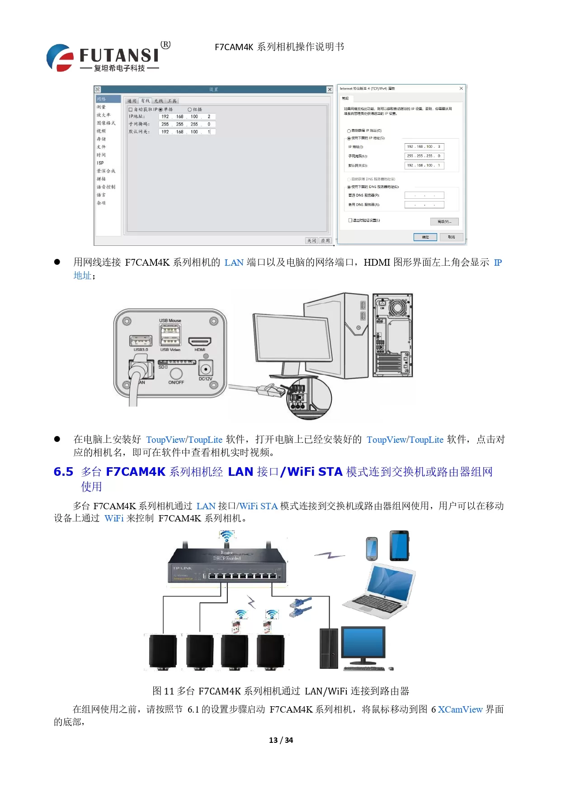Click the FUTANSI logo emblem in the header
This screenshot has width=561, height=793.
[x=60, y=58]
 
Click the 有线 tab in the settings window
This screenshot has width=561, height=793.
[x=145, y=101]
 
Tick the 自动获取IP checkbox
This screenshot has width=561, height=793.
[x=131, y=109]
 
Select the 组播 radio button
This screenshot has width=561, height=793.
[x=190, y=109]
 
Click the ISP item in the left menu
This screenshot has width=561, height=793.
[x=100, y=163]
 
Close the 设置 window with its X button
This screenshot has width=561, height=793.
[x=330, y=89]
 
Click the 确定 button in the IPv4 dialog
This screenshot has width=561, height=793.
[x=425, y=237]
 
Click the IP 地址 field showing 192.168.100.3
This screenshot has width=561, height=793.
[x=424, y=146]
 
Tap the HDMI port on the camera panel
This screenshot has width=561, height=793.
[x=200, y=342]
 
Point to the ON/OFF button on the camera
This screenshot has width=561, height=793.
[x=176, y=373]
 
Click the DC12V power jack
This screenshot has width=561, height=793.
[x=206, y=368]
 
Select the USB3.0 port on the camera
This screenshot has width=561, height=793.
[x=141, y=341]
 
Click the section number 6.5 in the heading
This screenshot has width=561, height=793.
[x=63, y=472]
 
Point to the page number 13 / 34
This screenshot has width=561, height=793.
[x=281, y=740]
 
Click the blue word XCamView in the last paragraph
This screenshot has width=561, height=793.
[x=460, y=709]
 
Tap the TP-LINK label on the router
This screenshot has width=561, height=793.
[x=182, y=568]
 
